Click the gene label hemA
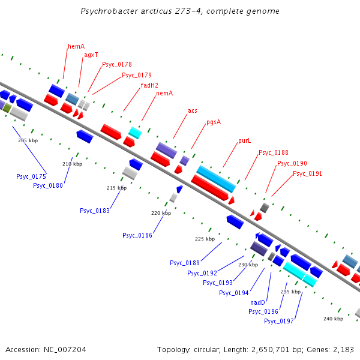(x=76, y=46)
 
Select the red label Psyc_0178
(x=117, y=64)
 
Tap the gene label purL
(x=244, y=140)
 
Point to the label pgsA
(x=214, y=122)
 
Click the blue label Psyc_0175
(x=31, y=176)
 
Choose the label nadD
(x=257, y=302)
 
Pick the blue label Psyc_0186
(x=137, y=235)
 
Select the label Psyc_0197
(x=279, y=321)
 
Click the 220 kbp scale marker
(x=161, y=213)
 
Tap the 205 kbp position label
(x=28, y=140)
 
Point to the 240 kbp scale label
(x=333, y=319)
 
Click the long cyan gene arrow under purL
(x=215, y=178)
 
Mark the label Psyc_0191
(x=307, y=173)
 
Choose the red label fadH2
(x=149, y=85)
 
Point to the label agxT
(x=91, y=55)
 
